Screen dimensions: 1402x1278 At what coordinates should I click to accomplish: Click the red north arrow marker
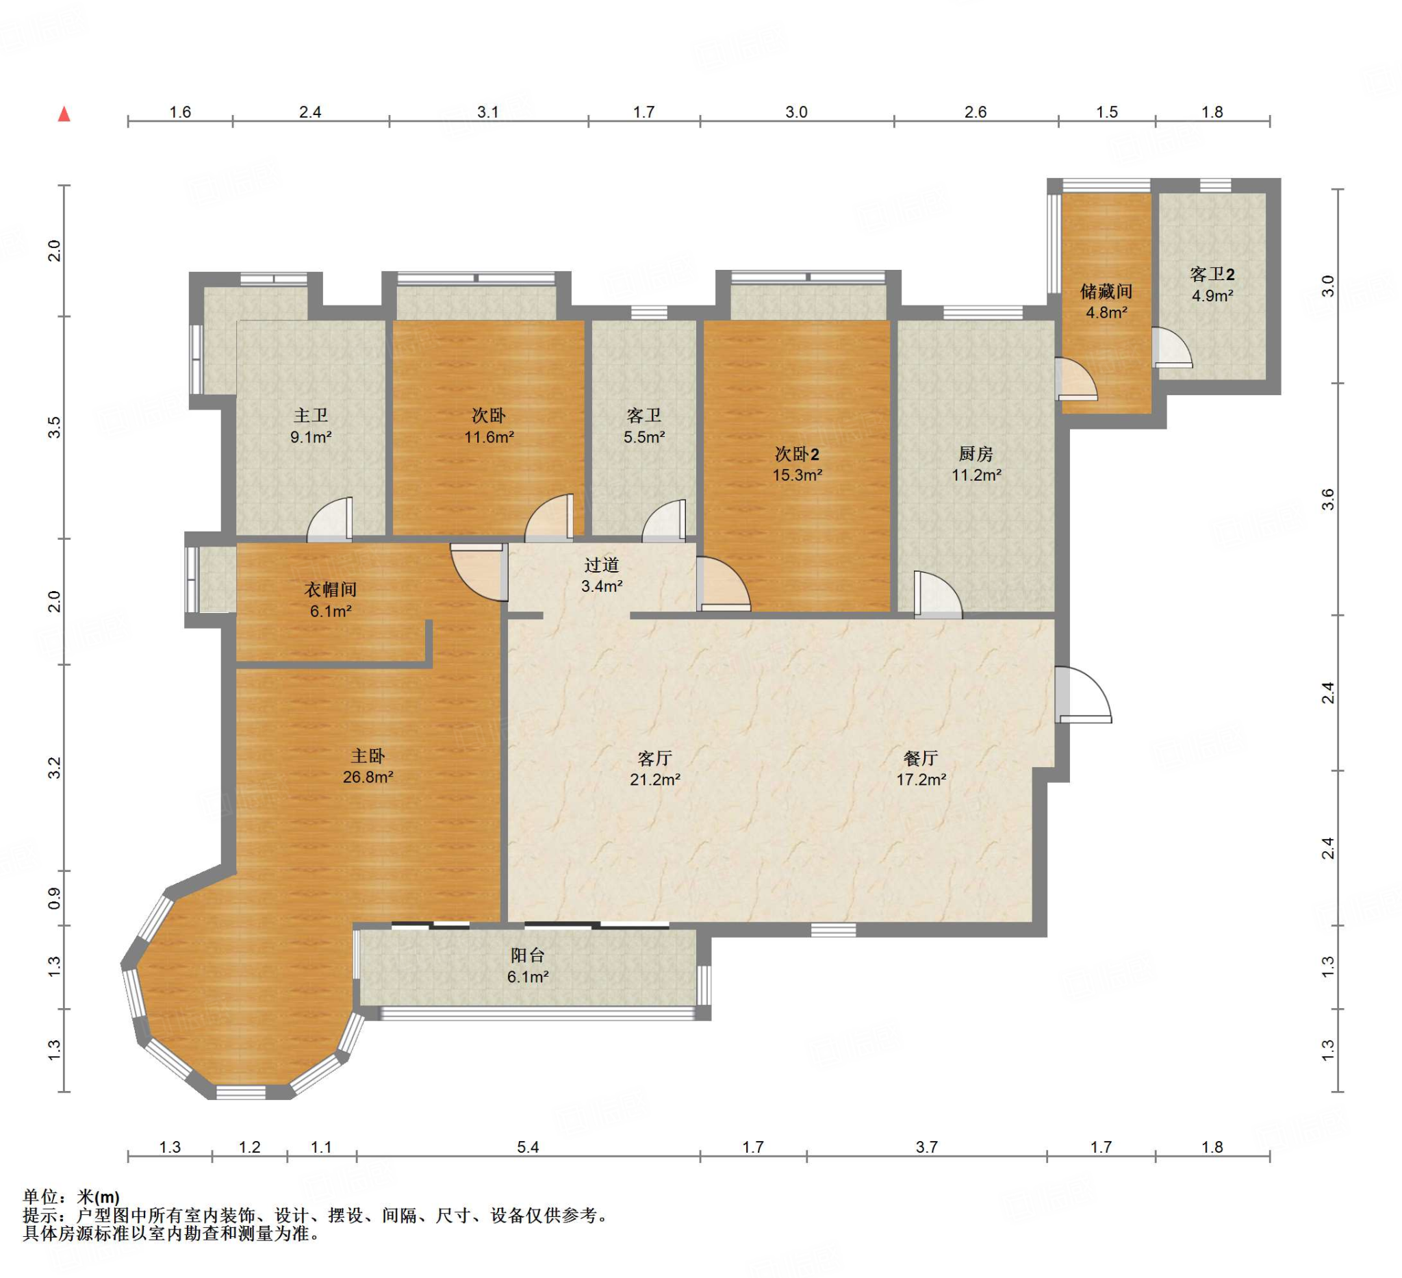64,114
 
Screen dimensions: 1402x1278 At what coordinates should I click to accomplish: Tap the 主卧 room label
367,755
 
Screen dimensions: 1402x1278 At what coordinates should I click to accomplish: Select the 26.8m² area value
368,777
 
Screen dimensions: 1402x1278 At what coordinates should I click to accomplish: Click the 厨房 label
976,453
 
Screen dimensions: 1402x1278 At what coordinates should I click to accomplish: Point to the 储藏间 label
1106,291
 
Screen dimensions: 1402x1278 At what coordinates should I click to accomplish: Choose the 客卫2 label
1212,274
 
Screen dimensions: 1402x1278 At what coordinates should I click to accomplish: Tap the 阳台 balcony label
527,955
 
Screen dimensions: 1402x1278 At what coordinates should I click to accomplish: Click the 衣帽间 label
331,589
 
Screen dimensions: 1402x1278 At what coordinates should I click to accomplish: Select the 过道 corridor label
602,565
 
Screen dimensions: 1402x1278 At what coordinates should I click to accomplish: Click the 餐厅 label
921,757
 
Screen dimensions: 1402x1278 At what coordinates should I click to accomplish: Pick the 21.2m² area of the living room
655,780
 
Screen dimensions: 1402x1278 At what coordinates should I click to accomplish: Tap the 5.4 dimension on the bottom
528,1147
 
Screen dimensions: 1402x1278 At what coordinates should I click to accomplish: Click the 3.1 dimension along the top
488,112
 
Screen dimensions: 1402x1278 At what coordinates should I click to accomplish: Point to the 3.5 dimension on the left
54,427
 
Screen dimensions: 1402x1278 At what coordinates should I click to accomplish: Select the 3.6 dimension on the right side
1328,499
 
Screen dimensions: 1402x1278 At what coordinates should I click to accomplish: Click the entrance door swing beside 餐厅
1083,694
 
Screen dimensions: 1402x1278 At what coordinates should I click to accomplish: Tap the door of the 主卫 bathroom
330,519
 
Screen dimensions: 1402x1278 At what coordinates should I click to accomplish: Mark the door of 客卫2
1172,347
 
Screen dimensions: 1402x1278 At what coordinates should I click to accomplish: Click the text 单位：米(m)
71,1196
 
